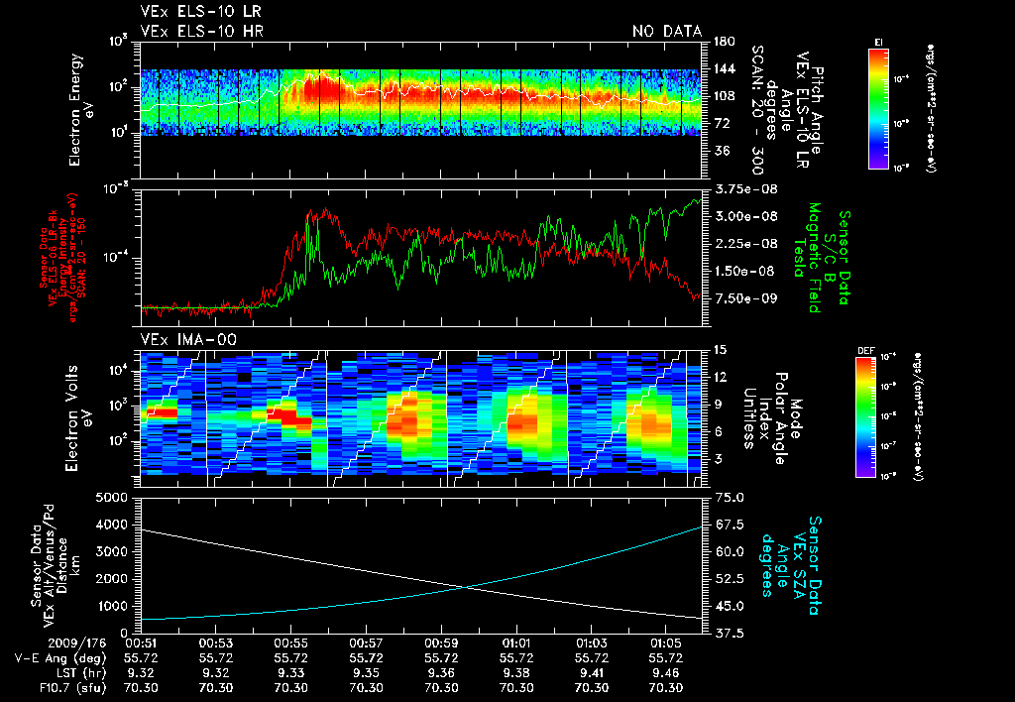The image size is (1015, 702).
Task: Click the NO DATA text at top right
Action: [x=666, y=31]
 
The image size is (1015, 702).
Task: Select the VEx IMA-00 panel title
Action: [x=181, y=339]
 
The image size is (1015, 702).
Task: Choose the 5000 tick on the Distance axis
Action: [x=116, y=497]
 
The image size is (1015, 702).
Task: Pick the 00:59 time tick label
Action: [x=442, y=643]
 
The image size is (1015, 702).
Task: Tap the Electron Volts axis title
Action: [x=80, y=410]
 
